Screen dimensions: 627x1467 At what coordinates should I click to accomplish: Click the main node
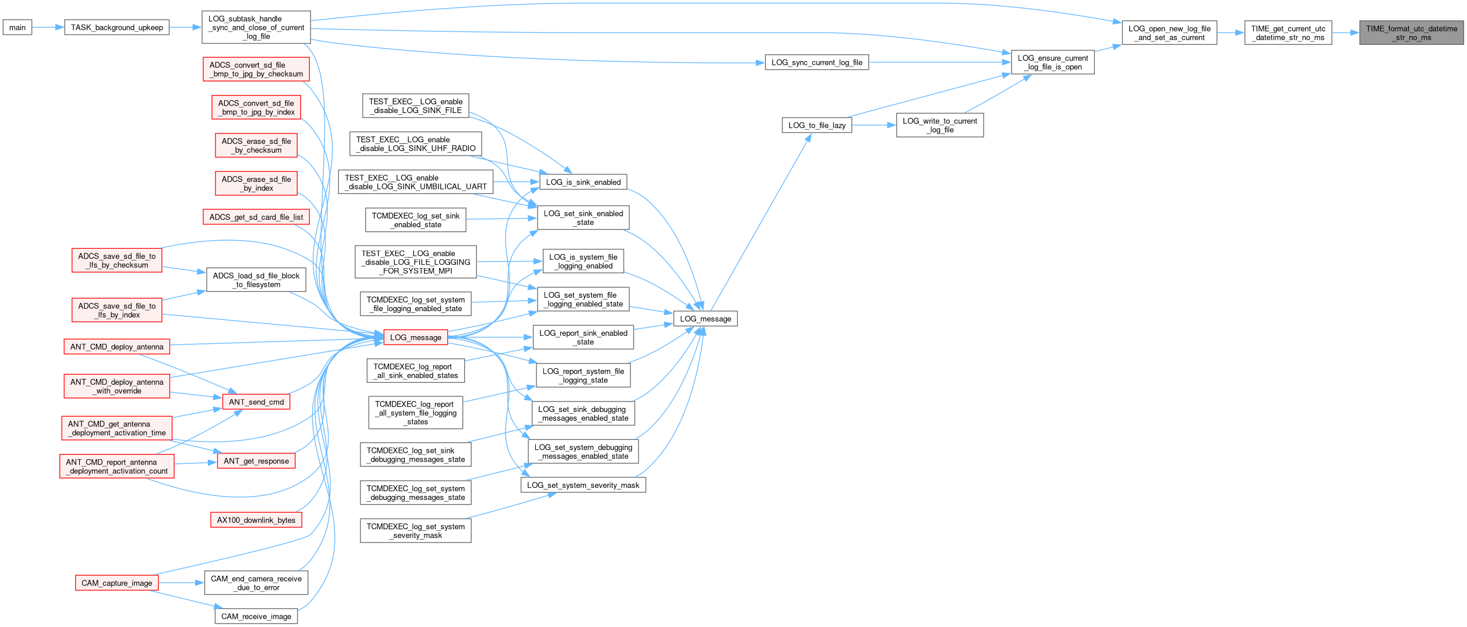[x=17, y=27]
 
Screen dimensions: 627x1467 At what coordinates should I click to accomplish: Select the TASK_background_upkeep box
[x=116, y=27]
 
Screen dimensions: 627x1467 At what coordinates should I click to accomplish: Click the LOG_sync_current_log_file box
[x=816, y=62]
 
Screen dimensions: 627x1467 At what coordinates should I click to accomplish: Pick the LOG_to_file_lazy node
[x=816, y=125]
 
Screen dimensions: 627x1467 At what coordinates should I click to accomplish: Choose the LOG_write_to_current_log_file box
[x=939, y=125]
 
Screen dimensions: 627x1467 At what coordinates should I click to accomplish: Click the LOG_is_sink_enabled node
[x=583, y=182]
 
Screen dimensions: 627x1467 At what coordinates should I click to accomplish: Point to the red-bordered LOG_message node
[x=415, y=337]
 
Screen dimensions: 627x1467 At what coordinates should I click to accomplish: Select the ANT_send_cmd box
[x=256, y=402]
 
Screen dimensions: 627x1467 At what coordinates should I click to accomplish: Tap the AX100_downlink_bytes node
[x=256, y=520]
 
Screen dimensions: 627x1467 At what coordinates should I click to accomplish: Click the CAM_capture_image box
[x=116, y=583]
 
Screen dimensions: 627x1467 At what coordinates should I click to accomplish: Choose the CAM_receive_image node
[x=256, y=617]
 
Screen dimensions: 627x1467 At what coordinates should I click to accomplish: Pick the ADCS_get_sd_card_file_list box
[x=256, y=217]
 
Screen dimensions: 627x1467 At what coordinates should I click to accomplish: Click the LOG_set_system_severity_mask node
[x=583, y=485]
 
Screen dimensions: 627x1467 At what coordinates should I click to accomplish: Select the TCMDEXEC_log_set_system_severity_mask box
[x=415, y=531]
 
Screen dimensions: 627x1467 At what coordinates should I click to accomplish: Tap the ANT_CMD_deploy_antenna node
[x=116, y=347]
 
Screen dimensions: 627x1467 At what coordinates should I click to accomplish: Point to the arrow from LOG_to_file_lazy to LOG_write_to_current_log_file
[x=874, y=125]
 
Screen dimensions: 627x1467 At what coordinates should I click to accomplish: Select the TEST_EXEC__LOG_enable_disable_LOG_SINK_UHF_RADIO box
[x=415, y=144]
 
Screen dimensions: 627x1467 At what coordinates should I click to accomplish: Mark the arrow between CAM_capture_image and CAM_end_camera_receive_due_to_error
[x=181, y=583]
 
